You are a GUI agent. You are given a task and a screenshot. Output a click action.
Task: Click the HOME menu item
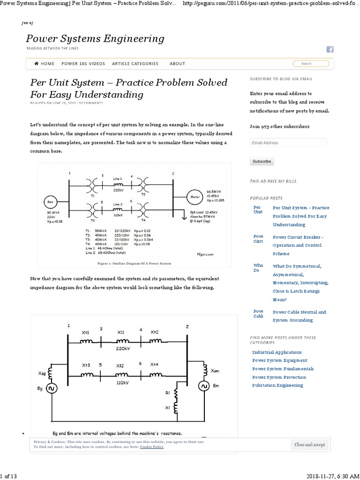[45, 64]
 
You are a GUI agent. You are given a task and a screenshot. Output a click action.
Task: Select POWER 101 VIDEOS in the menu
[83, 64]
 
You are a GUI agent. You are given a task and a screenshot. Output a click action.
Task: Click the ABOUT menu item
[177, 64]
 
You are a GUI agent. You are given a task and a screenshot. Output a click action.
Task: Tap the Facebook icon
[330, 50]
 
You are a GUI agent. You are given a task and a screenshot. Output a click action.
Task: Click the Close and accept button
[309, 445]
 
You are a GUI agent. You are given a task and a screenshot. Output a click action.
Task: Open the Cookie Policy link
[151, 447]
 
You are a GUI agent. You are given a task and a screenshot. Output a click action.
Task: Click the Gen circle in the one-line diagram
[50, 202]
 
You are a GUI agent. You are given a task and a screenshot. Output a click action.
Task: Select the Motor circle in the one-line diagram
[194, 197]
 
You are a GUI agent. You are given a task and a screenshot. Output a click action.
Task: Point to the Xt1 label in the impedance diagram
[86, 333]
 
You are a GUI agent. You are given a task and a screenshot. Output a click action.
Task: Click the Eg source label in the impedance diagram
[40, 389]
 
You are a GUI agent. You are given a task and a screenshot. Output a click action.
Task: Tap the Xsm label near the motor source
[215, 371]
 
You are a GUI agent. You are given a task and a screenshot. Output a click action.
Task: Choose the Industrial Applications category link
[277, 352]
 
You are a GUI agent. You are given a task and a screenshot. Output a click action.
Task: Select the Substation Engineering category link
[277, 385]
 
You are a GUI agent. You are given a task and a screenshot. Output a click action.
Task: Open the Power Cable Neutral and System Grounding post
[299, 316]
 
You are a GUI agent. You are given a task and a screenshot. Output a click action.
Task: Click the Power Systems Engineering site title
[95, 38]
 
